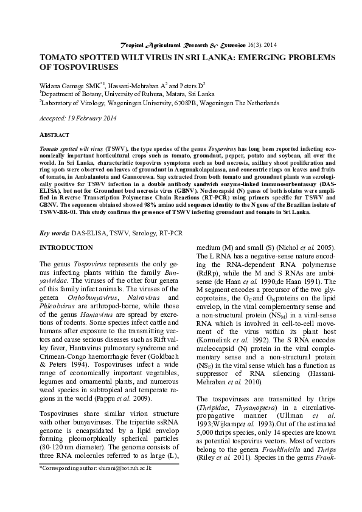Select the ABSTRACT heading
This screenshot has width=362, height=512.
click(54, 134)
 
